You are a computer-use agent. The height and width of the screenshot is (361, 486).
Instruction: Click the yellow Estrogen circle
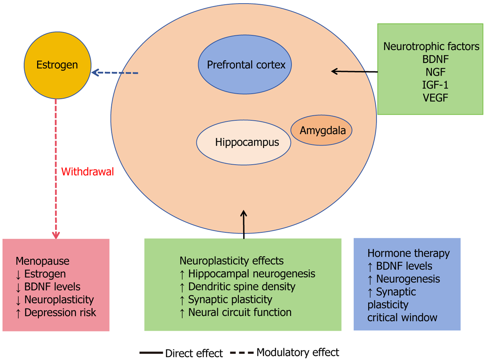[57, 65]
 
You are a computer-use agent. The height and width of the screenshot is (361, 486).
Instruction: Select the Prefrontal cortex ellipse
[245, 65]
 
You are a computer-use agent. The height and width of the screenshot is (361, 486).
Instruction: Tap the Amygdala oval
[321, 130]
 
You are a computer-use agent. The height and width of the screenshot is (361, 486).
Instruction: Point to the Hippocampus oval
[244, 142]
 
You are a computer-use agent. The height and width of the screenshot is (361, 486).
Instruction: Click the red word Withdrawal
[87, 172]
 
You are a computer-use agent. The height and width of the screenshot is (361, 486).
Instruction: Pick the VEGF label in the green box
[435, 98]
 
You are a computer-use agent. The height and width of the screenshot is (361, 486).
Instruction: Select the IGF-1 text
[435, 85]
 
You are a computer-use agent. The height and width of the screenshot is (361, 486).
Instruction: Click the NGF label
[435, 72]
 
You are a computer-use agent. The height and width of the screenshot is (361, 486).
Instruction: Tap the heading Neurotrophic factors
[431, 46]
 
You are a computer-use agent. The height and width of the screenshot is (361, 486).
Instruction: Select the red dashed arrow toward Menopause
[56, 169]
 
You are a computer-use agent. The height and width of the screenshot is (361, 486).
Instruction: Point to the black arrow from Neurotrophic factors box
[354, 71]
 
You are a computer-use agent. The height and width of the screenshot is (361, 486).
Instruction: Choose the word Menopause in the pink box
[42, 261]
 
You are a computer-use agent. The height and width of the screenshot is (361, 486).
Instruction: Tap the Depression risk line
[56, 313]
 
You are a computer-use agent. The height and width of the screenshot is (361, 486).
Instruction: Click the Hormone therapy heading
[408, 253]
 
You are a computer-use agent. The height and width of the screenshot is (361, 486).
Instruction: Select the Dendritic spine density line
[237, 287]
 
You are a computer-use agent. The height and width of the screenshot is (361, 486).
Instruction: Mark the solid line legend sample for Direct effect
[151, 353]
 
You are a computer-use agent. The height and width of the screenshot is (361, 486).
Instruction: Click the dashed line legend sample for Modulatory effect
[242, 353]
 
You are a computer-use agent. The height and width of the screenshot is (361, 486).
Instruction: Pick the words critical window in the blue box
[402, 318]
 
